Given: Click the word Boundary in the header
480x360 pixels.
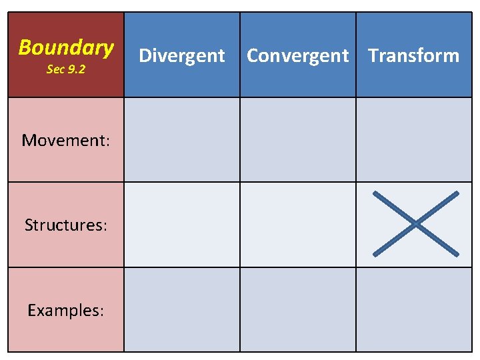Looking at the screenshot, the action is tap(66, 47).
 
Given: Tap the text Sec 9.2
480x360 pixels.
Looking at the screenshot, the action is tap(66, 69).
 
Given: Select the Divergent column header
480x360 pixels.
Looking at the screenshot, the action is tap(182, 55).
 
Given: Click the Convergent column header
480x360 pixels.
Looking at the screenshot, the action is tap(297, 55).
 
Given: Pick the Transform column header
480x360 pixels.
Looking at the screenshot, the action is tap(413, 55).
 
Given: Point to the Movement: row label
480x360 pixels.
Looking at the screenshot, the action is tap(65, 140).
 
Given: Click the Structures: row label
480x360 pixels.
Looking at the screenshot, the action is tap(65, 225).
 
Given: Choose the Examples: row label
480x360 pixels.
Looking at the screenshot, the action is tap(65, 310).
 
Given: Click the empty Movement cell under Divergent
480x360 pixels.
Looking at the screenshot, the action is tap(182, 140).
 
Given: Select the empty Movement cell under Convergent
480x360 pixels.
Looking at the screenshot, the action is tap(297, 140).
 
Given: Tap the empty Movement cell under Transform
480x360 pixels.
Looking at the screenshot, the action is tap(413, 140).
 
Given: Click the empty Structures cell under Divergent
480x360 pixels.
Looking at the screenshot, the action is tap(182, 225).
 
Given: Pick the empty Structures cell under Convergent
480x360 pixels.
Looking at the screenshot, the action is tap(297, 225).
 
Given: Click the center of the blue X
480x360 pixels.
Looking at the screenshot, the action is tap(416, 224).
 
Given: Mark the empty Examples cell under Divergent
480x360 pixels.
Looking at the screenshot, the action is tap(182, 309).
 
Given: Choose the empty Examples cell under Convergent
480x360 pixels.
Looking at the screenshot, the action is tap(297, 309).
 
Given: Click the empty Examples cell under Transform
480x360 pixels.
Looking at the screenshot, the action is tap(413, 309).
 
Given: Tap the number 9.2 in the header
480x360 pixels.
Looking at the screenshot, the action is tap(75, 69).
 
